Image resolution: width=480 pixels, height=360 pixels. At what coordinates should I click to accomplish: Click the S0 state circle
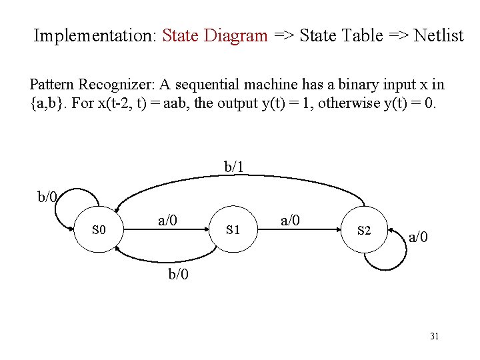point(99,230)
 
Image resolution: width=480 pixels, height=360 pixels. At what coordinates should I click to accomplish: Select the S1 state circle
point(233,230)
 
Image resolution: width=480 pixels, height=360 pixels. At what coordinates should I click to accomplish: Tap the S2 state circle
point(364,231)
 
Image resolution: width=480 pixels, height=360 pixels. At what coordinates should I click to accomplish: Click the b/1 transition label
point(233,167)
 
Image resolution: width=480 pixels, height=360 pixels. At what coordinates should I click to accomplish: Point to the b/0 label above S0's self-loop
point(47,197)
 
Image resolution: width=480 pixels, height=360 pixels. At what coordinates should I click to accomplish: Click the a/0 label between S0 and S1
point(167,220)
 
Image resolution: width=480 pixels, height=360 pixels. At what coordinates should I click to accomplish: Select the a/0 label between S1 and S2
point(290,220)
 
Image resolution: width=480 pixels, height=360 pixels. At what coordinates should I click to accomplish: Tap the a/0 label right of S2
point(419,237)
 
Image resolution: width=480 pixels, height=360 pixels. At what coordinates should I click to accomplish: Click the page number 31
point(434,337)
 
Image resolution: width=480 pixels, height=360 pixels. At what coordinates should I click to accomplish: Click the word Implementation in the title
point(93,35)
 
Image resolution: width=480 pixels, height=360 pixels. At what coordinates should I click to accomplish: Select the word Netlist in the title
point(438,35)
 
